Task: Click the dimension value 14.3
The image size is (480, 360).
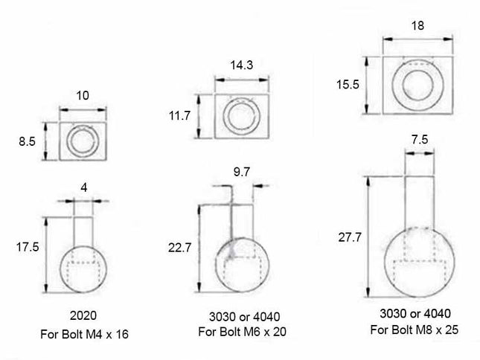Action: pos(240,65)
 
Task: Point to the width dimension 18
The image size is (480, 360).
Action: pos(417,25)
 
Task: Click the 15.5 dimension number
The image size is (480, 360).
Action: pos(348,85)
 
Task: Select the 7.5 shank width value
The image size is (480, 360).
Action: pos(418,139)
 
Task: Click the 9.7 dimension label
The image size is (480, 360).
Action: pos(242,172)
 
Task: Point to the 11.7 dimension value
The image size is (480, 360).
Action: pos(179,115)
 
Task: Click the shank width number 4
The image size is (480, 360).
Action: pos(83,188)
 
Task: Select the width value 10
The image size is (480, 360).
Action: pos(83,94)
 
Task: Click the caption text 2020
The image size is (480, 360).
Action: pos(84,315)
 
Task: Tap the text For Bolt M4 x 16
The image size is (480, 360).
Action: pos(84,334)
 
